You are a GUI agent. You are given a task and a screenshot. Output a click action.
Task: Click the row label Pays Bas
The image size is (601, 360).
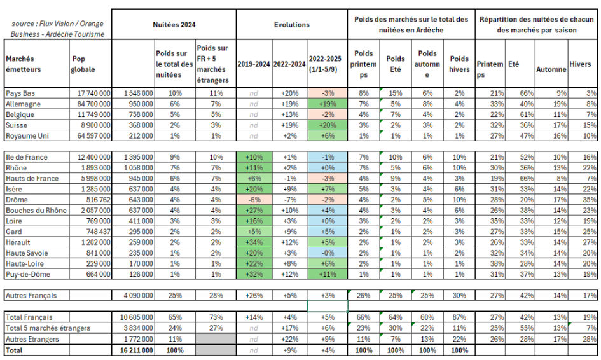(20, 93)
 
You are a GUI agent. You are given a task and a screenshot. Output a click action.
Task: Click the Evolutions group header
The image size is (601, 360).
(292, 24)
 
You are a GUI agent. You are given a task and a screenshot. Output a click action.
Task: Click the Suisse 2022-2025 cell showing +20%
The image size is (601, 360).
(328, 125)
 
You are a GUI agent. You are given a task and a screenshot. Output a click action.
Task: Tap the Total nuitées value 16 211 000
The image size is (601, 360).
(135, 350)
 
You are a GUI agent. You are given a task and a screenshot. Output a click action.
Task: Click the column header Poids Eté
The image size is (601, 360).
(395, 64)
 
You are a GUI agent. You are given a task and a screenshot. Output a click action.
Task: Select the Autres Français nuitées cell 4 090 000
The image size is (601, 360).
(135, 296)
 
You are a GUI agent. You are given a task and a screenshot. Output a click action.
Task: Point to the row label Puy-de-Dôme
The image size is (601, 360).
(27, 275)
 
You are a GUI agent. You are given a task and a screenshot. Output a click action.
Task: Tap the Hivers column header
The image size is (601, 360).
(580, 64)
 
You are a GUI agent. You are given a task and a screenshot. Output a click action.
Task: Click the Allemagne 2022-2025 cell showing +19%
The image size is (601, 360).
(328, 104)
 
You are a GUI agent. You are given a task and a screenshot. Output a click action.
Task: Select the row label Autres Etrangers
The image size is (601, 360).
(31, 339)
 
